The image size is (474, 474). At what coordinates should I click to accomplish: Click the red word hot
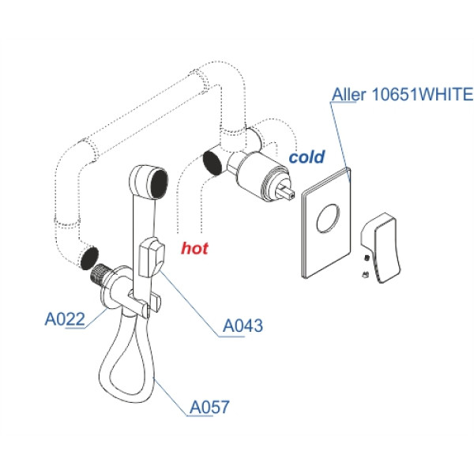click(x=194, y=248)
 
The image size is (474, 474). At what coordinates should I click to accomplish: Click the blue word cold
click(x=307, y=157)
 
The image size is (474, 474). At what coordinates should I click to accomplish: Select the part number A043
click(x=243, y=325)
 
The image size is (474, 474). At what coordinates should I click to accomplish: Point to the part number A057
click(x=209, y=407)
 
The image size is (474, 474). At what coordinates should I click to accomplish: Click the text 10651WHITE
click(x=421, y=95)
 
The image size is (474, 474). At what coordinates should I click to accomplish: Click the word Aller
click(x=347, y=95)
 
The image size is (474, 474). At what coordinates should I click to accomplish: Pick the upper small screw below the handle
click(x=367, y=256)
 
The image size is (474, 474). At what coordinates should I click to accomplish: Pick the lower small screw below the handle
click(x=363, y=275)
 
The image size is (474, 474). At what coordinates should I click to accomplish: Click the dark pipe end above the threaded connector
click(x=88, y=257)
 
